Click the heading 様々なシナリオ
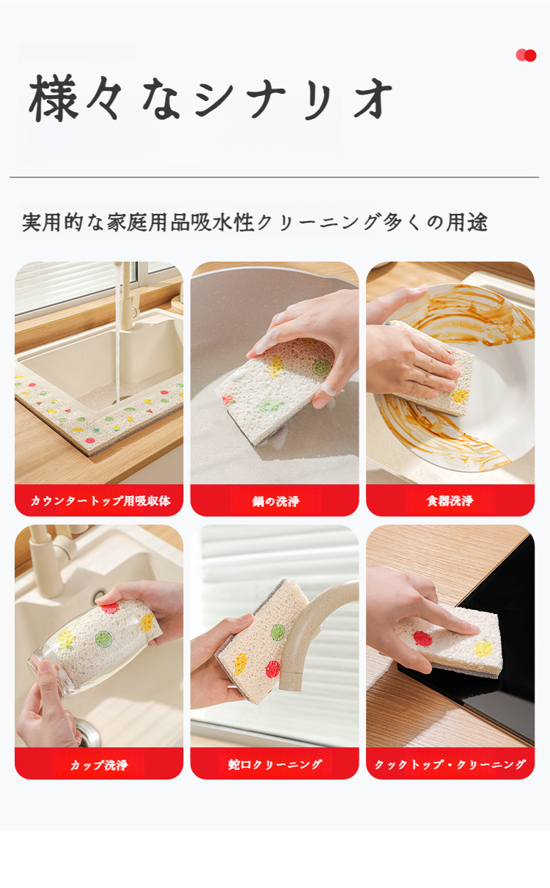(x=211, y=97)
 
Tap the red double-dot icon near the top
(x=527, y=55)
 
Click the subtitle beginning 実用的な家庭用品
(x=254, y=223)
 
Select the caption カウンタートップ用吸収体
(x=100, y=500)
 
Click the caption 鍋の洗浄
(x=276, y=501)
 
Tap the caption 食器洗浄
(x=450, y=500)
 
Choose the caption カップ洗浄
(x=99, y=765)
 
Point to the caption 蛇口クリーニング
(x=275, y=764)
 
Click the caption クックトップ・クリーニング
(x=450, y=764)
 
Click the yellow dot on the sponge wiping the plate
(x=461, y=396)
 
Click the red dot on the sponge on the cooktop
(x=422, y=639)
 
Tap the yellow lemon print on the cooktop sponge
(x=483, y=648)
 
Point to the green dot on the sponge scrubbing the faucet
(x=278, y=632)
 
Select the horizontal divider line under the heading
(x=274, y=177)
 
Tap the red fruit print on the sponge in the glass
(x=110, y=608)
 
